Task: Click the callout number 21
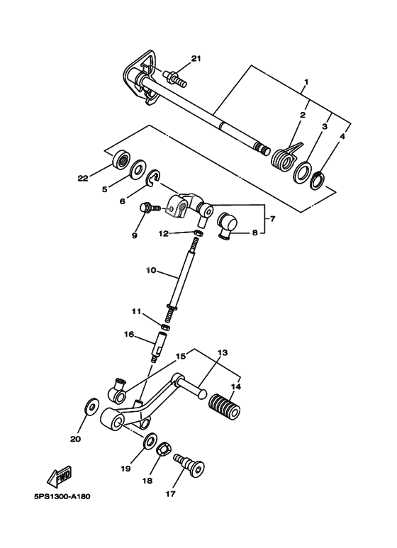[x=196, y=58]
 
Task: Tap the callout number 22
[x=83, y=179]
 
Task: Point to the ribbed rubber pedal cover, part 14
[x=225, y=409]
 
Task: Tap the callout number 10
[x=150, y=271]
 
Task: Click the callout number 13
[x=221, y=352]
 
